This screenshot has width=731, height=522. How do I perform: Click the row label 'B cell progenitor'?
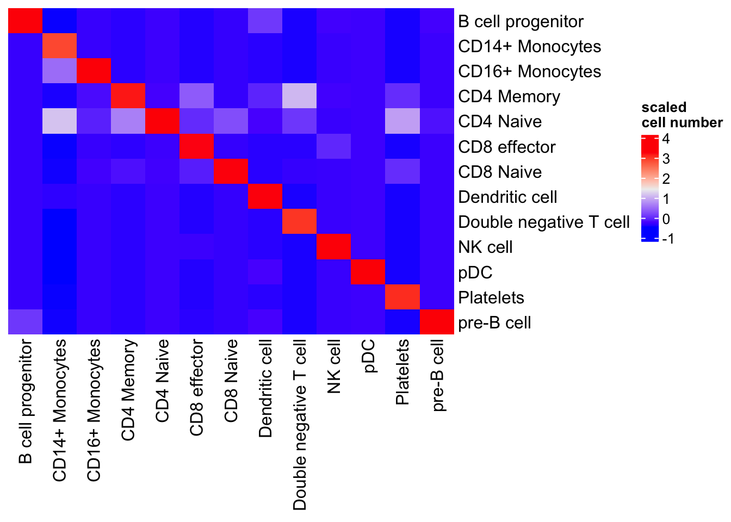point(521,22)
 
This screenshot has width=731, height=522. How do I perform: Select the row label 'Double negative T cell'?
point(544,222)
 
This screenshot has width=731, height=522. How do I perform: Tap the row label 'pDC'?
point(475,273)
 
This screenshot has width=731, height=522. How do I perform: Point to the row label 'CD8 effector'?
point(507,147)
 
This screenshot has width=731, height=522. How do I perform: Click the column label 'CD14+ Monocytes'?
point(59,410)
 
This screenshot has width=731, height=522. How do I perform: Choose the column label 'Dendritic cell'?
point(265,388)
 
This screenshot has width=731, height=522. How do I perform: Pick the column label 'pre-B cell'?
point(437,375)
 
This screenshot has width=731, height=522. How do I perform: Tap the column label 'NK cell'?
point(333,366)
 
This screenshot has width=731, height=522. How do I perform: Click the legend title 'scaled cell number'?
point(682,115)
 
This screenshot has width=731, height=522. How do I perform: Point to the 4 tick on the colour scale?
point(666,139)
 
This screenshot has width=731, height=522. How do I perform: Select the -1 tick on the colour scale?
point(668,239)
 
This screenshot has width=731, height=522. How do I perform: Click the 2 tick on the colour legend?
point(666,179)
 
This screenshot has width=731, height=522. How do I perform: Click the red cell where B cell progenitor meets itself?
point(25,21)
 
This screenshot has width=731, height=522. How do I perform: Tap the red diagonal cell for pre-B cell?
point(437,322)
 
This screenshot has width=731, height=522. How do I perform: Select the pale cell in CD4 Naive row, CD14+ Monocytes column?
point(59,121)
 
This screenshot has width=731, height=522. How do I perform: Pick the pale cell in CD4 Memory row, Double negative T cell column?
point(299,96)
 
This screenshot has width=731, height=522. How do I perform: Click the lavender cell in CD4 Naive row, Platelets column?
point(402,121)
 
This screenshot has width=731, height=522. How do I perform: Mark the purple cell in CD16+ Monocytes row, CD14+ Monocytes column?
point(59,71)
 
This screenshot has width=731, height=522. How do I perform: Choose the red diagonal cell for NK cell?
point(334,247)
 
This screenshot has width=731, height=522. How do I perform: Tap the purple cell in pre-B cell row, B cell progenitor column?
point(25,322)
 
